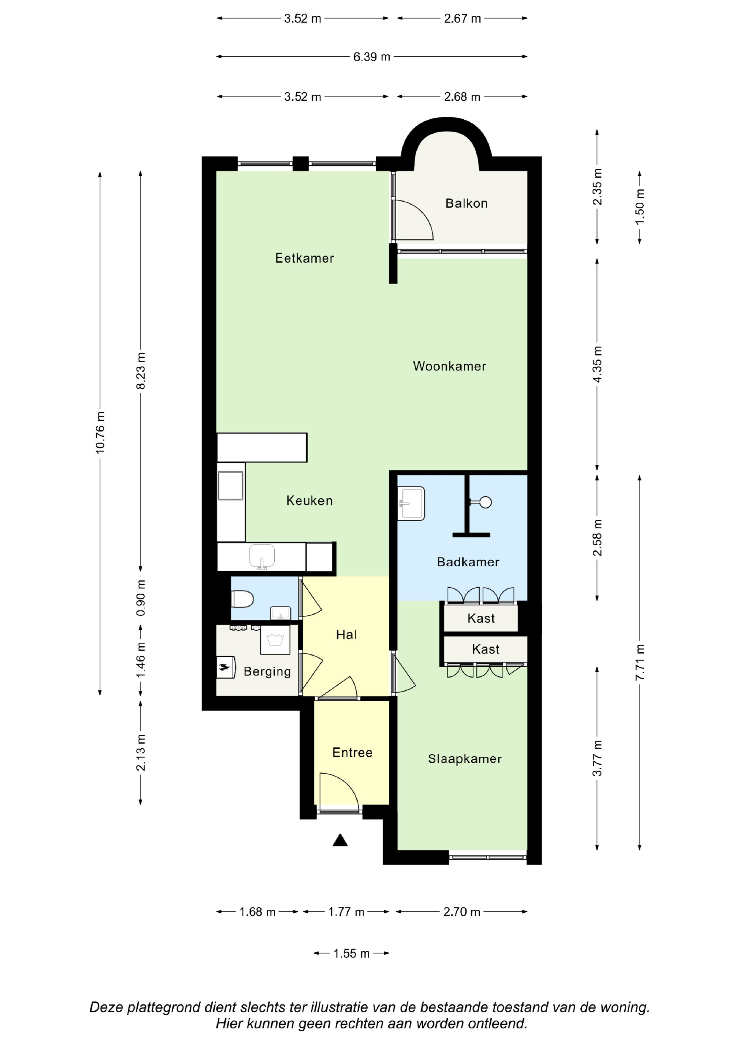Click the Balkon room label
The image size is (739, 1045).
coord(466,203)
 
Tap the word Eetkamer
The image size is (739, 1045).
coord(304,258)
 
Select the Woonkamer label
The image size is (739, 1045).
coord(449,366)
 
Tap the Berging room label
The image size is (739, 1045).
coord(267,672)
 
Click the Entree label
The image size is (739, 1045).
coord(353,752)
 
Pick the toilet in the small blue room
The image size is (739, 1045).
coord(242,599)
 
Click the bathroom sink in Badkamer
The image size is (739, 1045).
coord(411,503)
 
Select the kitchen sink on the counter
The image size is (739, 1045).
coord(262,557)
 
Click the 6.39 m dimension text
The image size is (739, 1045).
coord(372,57)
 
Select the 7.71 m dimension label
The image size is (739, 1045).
coord(640,663)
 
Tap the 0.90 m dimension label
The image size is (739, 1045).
coord(141,598)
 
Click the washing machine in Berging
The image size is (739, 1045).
coord(275,640)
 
